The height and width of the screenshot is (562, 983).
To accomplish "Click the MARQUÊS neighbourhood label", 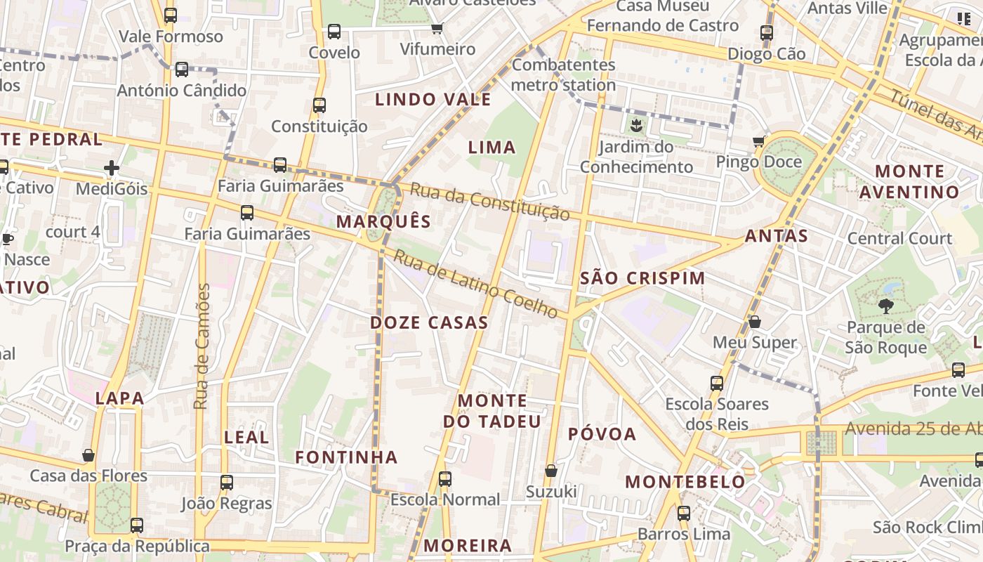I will [383, 222].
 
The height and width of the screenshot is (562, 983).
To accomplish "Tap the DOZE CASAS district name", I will [429, 323].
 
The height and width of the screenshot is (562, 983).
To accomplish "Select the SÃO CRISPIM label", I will [642, 278].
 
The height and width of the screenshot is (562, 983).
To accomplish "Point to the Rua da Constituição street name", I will [489, 202].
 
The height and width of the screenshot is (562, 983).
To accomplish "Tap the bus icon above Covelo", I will [334, 32].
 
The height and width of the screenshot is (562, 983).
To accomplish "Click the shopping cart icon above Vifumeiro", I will [437, 29].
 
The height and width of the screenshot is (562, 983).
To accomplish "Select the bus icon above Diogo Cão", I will [767, 33].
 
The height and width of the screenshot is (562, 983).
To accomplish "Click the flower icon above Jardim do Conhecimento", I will [636, 126].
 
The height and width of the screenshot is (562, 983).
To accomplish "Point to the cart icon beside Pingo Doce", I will [759, 142].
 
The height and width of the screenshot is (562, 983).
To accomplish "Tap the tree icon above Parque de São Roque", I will [885, 306].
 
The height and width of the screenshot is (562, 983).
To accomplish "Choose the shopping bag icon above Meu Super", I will [755, 322].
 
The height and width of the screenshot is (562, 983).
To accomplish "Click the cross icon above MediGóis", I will [112, 168].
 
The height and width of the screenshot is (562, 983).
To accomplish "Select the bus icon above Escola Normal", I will [445, 479].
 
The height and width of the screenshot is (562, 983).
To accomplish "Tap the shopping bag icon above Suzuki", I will [551, 470].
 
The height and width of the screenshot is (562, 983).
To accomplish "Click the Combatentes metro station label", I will [563, 75].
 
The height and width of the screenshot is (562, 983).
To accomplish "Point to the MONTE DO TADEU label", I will [492, 411].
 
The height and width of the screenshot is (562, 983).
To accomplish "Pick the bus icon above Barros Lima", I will [684, 514].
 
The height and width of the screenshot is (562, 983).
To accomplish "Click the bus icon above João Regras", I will [227, 483].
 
